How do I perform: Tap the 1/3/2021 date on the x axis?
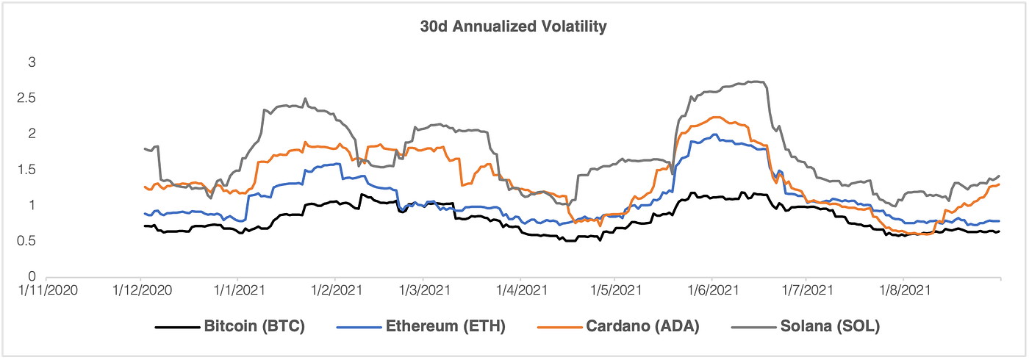tap(424, 291)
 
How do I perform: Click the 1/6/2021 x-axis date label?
tap(711, 291)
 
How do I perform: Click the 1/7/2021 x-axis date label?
tap(806, 291)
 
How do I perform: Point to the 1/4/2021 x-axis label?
tap(520, 291)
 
